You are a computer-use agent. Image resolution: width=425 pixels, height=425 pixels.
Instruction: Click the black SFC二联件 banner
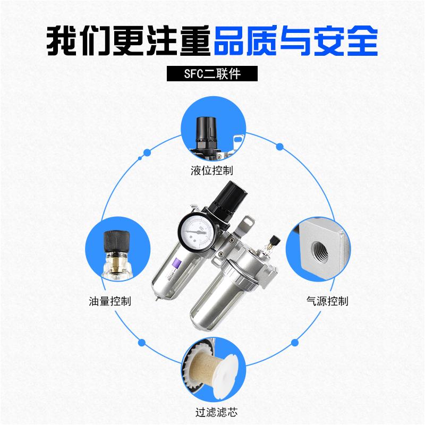[x=212, y=73]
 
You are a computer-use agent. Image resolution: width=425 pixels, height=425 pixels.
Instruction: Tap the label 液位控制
[x=211, y=172]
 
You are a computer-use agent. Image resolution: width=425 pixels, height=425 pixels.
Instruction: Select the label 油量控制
[x=110, y=301]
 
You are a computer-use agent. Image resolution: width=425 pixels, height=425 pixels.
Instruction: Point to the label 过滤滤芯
[x=212, y=411]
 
